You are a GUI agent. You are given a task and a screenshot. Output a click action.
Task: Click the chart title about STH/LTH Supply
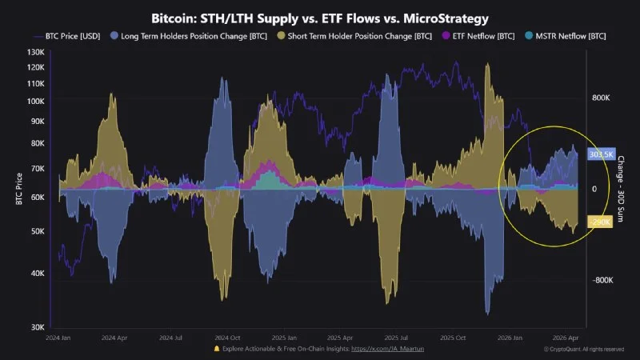click(320, 17)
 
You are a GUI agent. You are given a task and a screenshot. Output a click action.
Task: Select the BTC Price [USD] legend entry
click(70, 36)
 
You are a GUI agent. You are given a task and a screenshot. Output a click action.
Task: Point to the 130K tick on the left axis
click(35, 52)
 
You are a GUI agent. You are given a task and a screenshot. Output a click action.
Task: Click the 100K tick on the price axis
click(35, 101)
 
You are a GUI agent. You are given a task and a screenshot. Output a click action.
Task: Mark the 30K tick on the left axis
click(37, 327)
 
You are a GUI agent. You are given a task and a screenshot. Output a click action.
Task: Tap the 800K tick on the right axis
click(601, 97)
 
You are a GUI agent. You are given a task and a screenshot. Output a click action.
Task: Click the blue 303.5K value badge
click(601, 154)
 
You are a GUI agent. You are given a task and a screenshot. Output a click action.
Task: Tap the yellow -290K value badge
click(601, 222)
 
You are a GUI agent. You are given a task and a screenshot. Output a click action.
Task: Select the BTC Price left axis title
click(17, 189)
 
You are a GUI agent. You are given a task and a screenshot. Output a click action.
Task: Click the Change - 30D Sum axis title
click(622, 189)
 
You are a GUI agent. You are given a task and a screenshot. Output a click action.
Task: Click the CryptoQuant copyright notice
click(585, 350)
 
